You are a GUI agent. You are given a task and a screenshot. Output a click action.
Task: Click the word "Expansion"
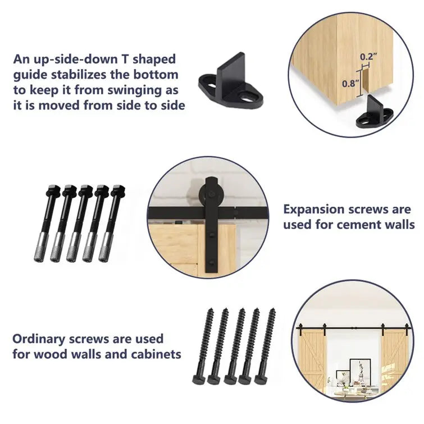pyautogui.click(x=313, y=209)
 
